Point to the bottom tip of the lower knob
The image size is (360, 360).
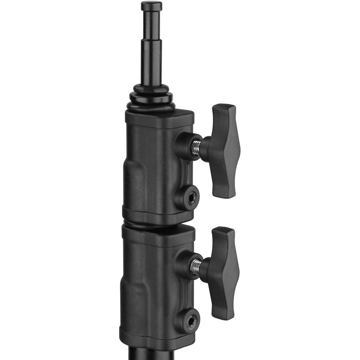pos(222,318)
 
